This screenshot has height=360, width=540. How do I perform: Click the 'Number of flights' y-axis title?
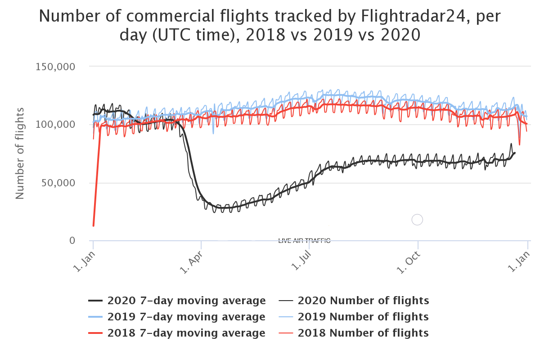coord(20,153)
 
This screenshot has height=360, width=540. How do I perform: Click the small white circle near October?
coord(417,220)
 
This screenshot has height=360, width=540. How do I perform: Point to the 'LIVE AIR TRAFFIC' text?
coord(304,241)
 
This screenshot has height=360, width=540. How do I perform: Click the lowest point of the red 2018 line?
coord(94,225)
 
